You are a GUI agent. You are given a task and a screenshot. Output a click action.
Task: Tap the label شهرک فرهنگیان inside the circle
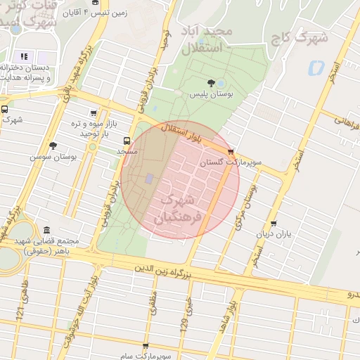(x=181, y=208)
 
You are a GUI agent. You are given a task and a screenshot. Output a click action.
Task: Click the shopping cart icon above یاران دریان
(x=274, y=224)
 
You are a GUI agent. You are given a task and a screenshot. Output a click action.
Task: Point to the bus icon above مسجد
(x=127, y=141)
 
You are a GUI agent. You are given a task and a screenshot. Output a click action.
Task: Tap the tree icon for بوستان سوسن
(x=53, y=146)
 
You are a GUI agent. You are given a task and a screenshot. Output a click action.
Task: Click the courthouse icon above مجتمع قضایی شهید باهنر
(x=47, y=231)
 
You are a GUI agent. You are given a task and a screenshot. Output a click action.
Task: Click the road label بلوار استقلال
(x=184, y=133)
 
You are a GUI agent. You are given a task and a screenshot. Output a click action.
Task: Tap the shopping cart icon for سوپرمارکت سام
(x=146, y=347)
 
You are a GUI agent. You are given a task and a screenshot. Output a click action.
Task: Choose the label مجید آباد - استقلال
(x=212, y=41)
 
